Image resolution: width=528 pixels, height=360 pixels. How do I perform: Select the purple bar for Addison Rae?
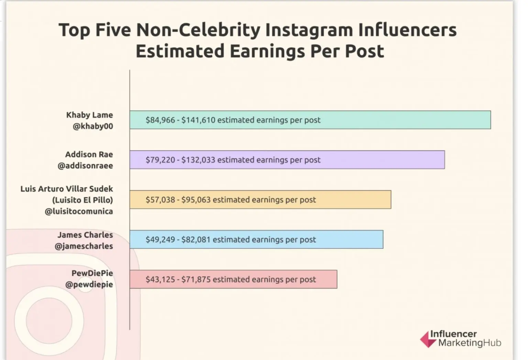378,160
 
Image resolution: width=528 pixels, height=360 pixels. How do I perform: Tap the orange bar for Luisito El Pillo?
351,200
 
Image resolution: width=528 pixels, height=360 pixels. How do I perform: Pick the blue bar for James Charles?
347,239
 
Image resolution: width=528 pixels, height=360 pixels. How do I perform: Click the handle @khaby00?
93,126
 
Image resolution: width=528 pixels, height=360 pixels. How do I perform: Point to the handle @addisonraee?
85,166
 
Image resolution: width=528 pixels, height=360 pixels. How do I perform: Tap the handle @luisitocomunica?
79,211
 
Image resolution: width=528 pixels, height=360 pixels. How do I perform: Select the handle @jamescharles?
84,246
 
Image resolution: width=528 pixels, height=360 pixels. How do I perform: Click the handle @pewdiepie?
89,285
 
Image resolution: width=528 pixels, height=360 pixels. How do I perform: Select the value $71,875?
196,280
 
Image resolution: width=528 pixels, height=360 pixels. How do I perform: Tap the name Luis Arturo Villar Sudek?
67,189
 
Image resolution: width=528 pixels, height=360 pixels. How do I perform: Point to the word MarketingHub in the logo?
470,343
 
